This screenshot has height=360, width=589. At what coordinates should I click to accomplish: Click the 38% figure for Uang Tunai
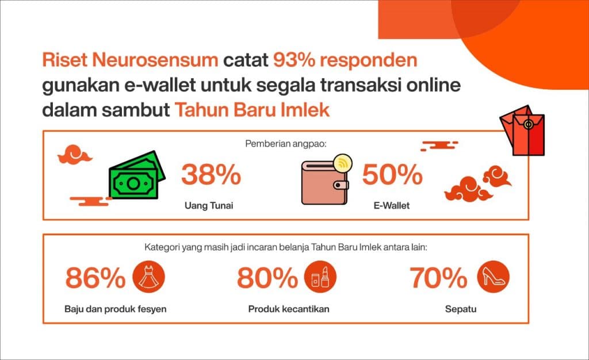211,175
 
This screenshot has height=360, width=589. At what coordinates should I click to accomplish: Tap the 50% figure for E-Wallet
392,175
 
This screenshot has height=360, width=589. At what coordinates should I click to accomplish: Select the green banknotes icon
137,175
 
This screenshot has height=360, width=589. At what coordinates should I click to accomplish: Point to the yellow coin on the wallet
342,163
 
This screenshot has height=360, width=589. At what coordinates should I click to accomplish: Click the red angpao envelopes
522,131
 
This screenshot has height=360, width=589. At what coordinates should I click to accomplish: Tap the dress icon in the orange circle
149,277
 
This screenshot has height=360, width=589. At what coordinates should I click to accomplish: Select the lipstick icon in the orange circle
320,277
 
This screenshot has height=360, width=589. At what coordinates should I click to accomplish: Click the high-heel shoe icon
493,277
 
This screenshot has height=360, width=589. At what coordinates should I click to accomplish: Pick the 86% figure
95,278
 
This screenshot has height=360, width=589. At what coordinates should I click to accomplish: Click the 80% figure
267,278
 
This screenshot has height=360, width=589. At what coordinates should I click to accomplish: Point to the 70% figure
438,278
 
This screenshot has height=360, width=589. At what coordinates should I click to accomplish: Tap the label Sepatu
461,309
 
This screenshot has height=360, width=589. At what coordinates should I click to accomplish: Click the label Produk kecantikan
289,309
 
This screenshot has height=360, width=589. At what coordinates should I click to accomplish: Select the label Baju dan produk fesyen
115,309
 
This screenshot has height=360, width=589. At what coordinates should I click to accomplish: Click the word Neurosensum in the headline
155,60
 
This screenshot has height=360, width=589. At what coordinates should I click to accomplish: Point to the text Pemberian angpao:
286,144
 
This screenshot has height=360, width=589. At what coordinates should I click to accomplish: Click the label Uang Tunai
209,206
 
